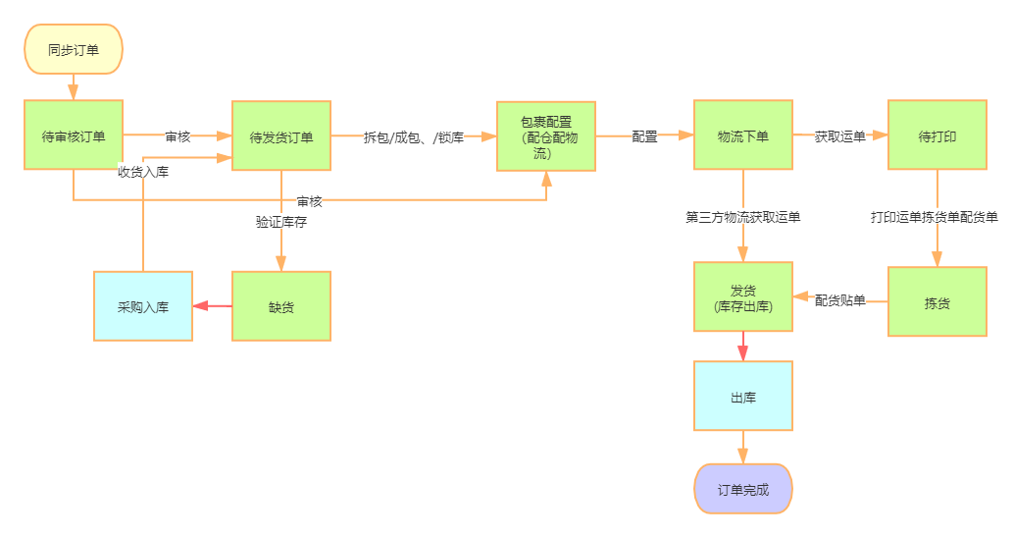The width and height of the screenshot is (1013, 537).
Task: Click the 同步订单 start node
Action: pos(74,49)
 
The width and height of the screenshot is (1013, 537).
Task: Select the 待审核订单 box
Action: pos(74,136)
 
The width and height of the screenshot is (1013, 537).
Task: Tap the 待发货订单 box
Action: pos(281,136)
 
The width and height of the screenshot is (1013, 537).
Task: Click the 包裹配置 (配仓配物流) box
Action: pos(546,136)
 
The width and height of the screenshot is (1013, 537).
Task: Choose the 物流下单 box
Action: pos(743,136)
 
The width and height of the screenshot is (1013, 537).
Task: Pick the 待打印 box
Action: pos(937,136)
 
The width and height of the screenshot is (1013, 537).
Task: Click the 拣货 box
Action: pos(937,302)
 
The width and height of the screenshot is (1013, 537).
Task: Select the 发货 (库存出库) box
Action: pos(743,298)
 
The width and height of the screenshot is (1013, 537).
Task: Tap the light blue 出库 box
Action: pos(743,397)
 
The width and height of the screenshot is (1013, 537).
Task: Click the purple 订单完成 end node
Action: pos(743,489)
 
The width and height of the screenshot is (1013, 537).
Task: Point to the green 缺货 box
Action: pos(281,306)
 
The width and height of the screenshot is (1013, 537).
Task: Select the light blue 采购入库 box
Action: pos(143,306)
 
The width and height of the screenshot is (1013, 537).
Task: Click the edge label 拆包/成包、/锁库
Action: pos(414,136)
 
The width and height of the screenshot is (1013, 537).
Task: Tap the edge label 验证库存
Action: pos(281,222)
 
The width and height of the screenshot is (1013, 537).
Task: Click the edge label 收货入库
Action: pos(143,171)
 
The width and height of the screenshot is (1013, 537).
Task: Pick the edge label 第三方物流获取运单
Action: pos(743,216)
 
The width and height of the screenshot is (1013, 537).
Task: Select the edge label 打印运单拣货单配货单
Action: pos(936,216)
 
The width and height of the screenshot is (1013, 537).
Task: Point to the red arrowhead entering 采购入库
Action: pos(201,306)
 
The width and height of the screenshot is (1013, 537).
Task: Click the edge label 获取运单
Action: pos(840,136)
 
